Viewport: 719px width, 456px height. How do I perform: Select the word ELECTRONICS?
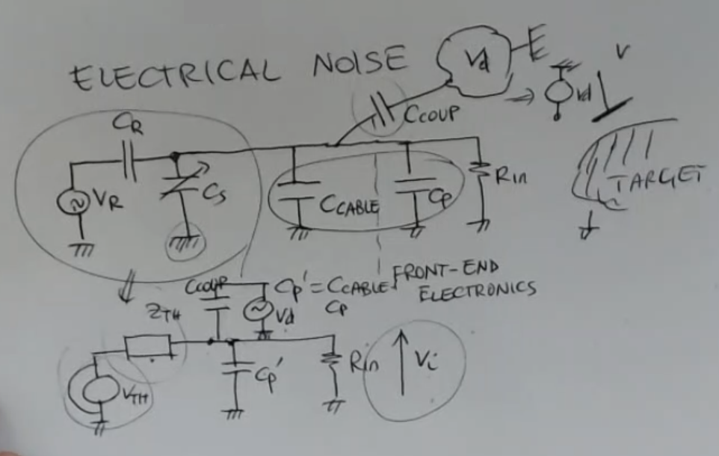(477, 290)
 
